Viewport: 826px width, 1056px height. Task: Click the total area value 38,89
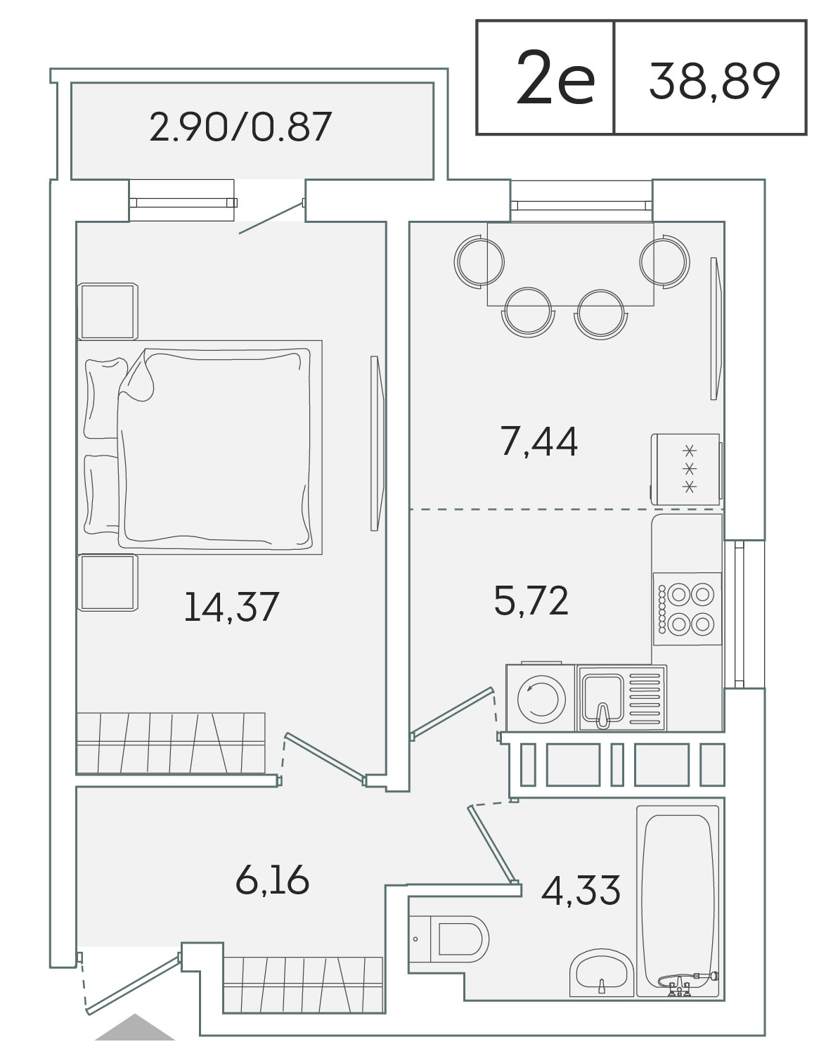714,81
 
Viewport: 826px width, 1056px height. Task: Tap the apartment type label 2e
555,78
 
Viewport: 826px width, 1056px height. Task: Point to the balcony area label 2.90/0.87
240,127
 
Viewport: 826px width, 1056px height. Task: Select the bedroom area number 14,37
231,607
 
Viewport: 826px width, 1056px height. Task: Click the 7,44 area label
539,442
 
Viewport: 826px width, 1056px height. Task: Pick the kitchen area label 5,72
531,600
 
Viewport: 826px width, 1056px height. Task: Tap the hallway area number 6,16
272,880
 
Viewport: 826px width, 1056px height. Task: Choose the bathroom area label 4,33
581,890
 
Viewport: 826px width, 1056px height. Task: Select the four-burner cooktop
687,609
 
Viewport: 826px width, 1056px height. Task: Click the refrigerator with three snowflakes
685,470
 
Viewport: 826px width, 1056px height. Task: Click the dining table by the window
570,264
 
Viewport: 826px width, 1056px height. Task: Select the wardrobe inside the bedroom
171,742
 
